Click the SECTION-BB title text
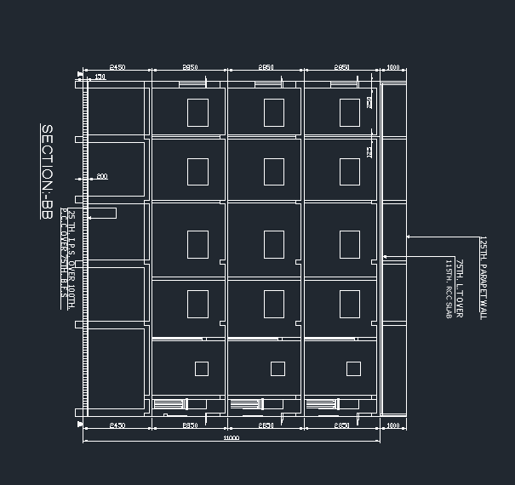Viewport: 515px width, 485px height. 48,173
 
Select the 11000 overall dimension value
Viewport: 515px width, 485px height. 231,438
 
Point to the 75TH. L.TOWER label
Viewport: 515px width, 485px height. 459,288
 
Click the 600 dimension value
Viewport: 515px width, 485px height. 101,176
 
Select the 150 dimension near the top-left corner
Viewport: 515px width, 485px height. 100,77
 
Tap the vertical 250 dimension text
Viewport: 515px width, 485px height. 369,102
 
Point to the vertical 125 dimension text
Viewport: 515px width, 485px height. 369,151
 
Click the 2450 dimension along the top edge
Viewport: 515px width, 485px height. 117,66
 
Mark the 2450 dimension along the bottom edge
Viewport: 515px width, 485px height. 117,425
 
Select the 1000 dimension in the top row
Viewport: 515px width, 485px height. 392,66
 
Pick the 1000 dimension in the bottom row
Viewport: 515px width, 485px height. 392,425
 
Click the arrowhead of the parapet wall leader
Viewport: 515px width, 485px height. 408,237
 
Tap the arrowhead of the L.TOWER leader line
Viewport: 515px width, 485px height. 384,256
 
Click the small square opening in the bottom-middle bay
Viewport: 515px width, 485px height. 278,368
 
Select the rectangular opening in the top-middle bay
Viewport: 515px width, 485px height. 273,111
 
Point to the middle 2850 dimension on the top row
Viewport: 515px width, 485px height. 266,66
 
